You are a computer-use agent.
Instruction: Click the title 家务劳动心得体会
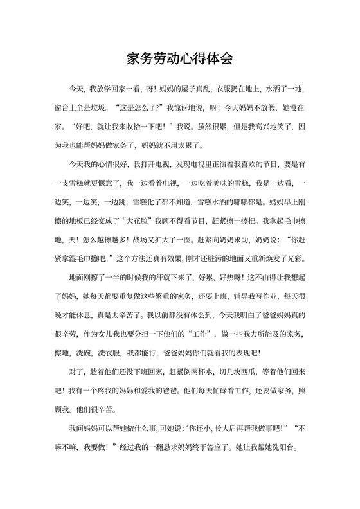(179, 59)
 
